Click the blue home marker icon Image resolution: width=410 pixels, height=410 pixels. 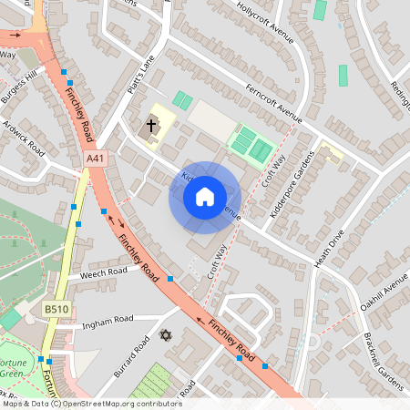pyautogui.click(x=204, y=197)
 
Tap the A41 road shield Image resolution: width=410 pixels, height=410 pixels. pyautogui.click(x=95, y=159)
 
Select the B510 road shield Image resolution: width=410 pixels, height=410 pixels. pyautogui.click(x=56, y=310)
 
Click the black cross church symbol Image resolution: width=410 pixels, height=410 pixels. pyautogui.click(x=151, y=126)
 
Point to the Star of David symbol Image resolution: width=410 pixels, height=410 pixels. pyautogui.click(x=165, y=336)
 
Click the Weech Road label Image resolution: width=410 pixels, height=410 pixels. pyautogui.click(x=103, y=272)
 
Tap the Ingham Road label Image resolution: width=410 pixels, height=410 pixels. pyautogui.click(x=108, y=320)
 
